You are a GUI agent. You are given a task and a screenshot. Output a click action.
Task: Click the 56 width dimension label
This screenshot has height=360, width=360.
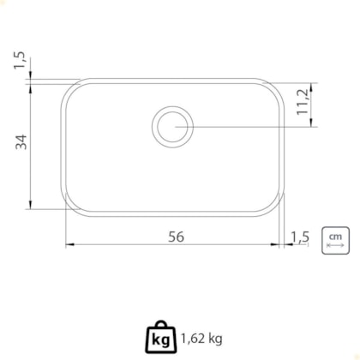[176, 237]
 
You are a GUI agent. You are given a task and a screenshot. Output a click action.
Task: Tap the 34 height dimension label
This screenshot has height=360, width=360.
[21, 142]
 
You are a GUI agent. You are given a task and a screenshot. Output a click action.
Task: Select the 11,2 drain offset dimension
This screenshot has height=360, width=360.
[303, 102]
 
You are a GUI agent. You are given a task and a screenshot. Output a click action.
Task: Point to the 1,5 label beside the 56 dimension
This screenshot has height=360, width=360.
[300, 237]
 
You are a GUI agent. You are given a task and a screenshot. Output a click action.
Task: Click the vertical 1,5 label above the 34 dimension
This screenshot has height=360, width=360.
[20, 60]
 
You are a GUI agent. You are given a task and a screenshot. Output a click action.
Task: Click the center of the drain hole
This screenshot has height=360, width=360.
[172, 127]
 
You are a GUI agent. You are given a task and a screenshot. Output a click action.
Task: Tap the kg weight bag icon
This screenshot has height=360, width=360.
[161, 337]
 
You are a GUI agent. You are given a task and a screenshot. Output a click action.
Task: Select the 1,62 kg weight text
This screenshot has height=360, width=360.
[201, 339]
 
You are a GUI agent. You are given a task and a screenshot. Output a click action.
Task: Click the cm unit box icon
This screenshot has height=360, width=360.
[335, 240]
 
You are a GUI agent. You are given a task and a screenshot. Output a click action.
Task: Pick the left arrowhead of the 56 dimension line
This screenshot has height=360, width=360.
[69, 244]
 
